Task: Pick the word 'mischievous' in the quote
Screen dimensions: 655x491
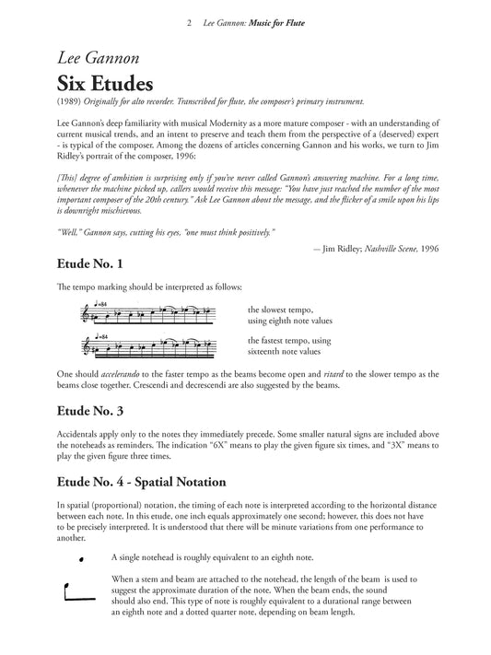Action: pos(130,195)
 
